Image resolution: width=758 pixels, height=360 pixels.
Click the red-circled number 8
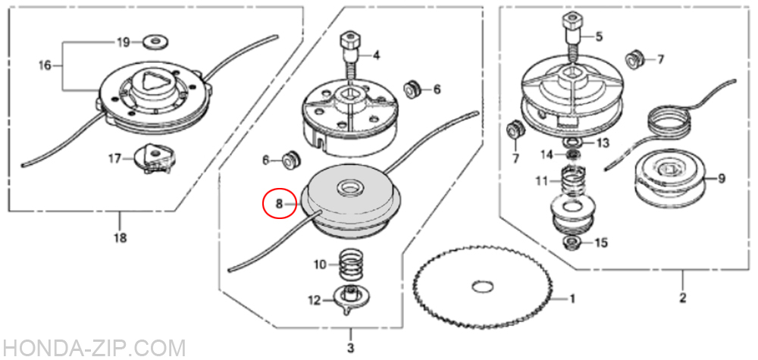(x=279, y=204)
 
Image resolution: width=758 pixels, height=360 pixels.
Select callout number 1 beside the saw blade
(x=572, y=299)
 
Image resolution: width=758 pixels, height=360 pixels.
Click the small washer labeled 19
(x=155, y=42)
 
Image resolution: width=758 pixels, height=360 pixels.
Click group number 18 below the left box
(x=120, y=238)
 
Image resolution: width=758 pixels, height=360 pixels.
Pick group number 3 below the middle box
(x=350, y=348)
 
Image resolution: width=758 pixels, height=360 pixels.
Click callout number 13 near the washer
(x=603, y=143)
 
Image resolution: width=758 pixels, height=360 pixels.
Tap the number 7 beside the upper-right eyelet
(x=660, y=60)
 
